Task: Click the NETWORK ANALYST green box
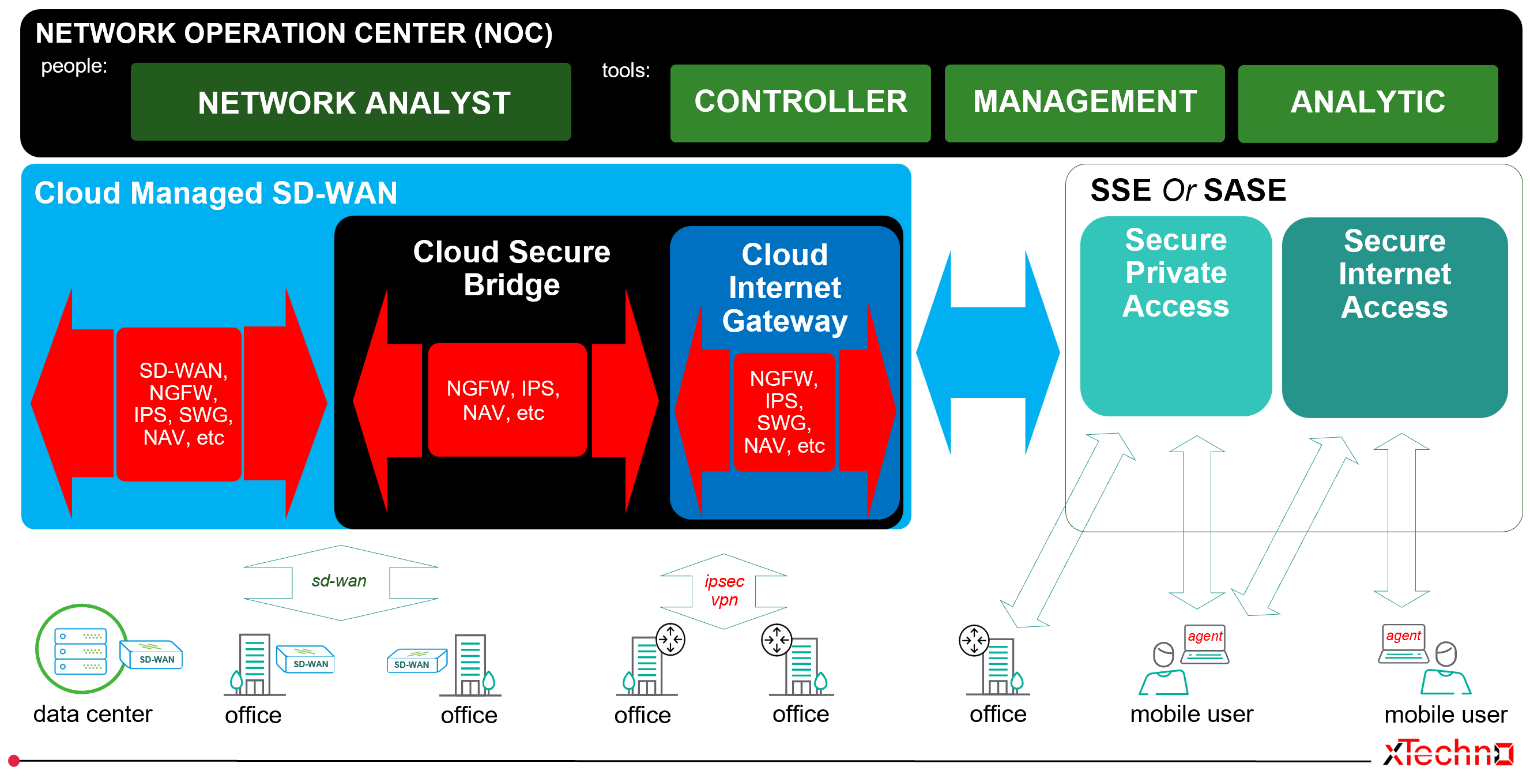(351, 102)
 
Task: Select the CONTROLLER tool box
(800, 103)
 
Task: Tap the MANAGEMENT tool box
(1084, 103)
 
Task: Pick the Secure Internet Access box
(1394, 317)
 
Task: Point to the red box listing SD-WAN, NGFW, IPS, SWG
(179, 404)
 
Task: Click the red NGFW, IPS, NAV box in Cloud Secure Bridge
(507, 400)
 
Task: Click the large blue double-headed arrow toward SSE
(988, 352)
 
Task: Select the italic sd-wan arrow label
(339, 581)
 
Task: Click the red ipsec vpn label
(724, 590)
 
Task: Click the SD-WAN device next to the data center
(152, 655)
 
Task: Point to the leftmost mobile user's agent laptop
(1204, 644)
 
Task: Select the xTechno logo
(1448, 753)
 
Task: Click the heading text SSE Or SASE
(1188, 191)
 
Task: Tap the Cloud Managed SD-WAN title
(216, 193)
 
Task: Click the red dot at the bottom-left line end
(14, 760)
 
